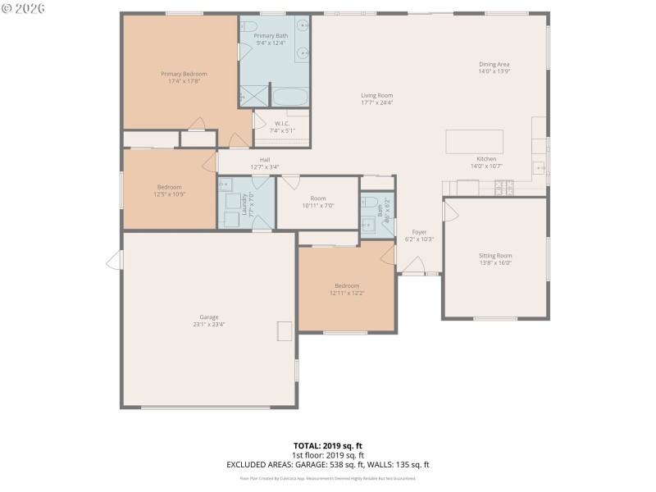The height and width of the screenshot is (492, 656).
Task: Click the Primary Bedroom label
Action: point(184,74)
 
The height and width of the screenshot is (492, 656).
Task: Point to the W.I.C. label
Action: point(282,124)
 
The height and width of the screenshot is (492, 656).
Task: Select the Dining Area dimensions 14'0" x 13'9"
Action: point(494,71)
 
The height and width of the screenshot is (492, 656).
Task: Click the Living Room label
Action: point(377,96)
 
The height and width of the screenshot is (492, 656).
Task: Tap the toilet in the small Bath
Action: point(370,202)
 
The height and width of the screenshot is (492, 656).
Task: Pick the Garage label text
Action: point(209,317)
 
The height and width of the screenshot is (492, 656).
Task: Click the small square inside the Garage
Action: point(285,331)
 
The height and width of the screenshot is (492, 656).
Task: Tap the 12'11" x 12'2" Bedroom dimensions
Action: point(347,293)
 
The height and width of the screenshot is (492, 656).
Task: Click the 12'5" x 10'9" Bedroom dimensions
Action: point(171,194)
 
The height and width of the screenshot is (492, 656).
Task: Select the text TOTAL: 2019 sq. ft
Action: point(328,446)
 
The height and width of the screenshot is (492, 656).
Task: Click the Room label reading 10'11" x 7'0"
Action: point(318,206)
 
